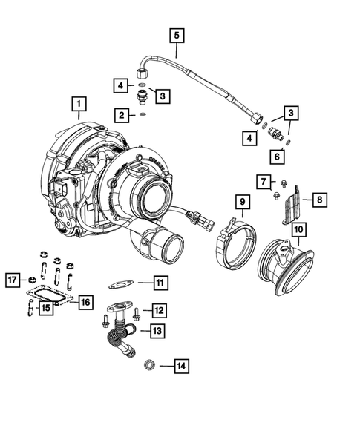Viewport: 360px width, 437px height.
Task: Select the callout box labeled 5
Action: [176, 34]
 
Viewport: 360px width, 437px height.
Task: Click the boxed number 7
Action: [264, 180]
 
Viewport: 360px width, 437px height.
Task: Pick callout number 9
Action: [240, 202]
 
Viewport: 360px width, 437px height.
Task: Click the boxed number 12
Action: [159, 309]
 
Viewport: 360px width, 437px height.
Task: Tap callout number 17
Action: [13, 280]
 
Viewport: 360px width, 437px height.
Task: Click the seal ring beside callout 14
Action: [148, 364]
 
